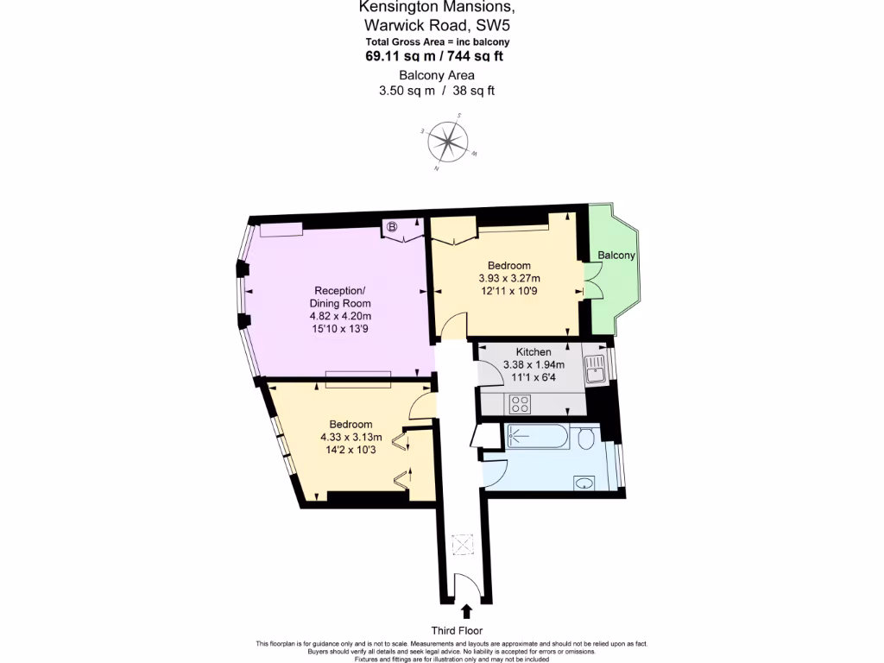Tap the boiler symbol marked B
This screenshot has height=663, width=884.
tap(392, 228)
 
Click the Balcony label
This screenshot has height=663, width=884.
tap(616, 256)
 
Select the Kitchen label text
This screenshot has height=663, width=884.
tap(534, 352)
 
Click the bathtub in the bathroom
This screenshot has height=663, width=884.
tap(537, 437)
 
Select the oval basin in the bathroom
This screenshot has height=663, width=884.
tap(584, 483)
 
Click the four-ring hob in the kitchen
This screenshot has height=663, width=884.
tap(521, 403)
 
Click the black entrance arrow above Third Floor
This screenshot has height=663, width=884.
tap(467, 611)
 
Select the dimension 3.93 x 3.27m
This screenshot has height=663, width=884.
tap(508, 279)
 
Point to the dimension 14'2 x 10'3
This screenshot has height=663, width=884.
tap(350, 450)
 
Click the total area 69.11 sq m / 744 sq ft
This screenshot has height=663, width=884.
tap(434, 56)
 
